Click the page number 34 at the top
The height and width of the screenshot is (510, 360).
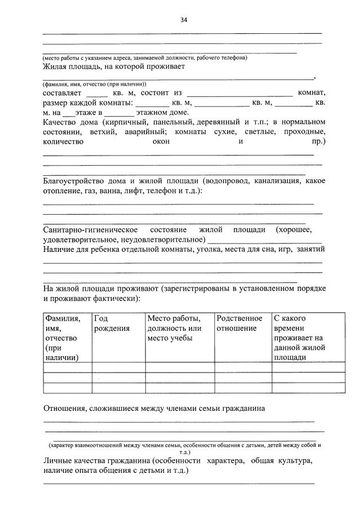[184, 19]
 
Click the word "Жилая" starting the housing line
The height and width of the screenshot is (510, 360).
[55, 66]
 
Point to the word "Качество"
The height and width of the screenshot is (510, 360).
[60, 122]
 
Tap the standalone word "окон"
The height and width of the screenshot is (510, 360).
[161, 141]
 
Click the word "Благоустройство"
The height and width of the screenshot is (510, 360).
[77, 181]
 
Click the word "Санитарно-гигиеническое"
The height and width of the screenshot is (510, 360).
[91, 230]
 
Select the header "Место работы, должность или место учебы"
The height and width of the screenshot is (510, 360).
[174, 328]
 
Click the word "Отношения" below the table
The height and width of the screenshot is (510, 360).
[64, 408]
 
